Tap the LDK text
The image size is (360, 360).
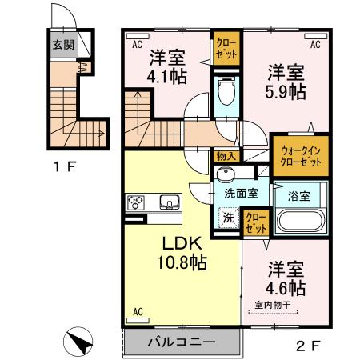pos(182,243)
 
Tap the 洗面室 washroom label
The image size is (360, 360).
pos(240,193)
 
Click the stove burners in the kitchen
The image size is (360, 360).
pos(134,202)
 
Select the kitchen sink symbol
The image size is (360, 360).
pos(169,202)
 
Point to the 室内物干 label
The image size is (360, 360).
pos(276,304)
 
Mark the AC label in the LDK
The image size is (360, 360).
pos(137,311)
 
